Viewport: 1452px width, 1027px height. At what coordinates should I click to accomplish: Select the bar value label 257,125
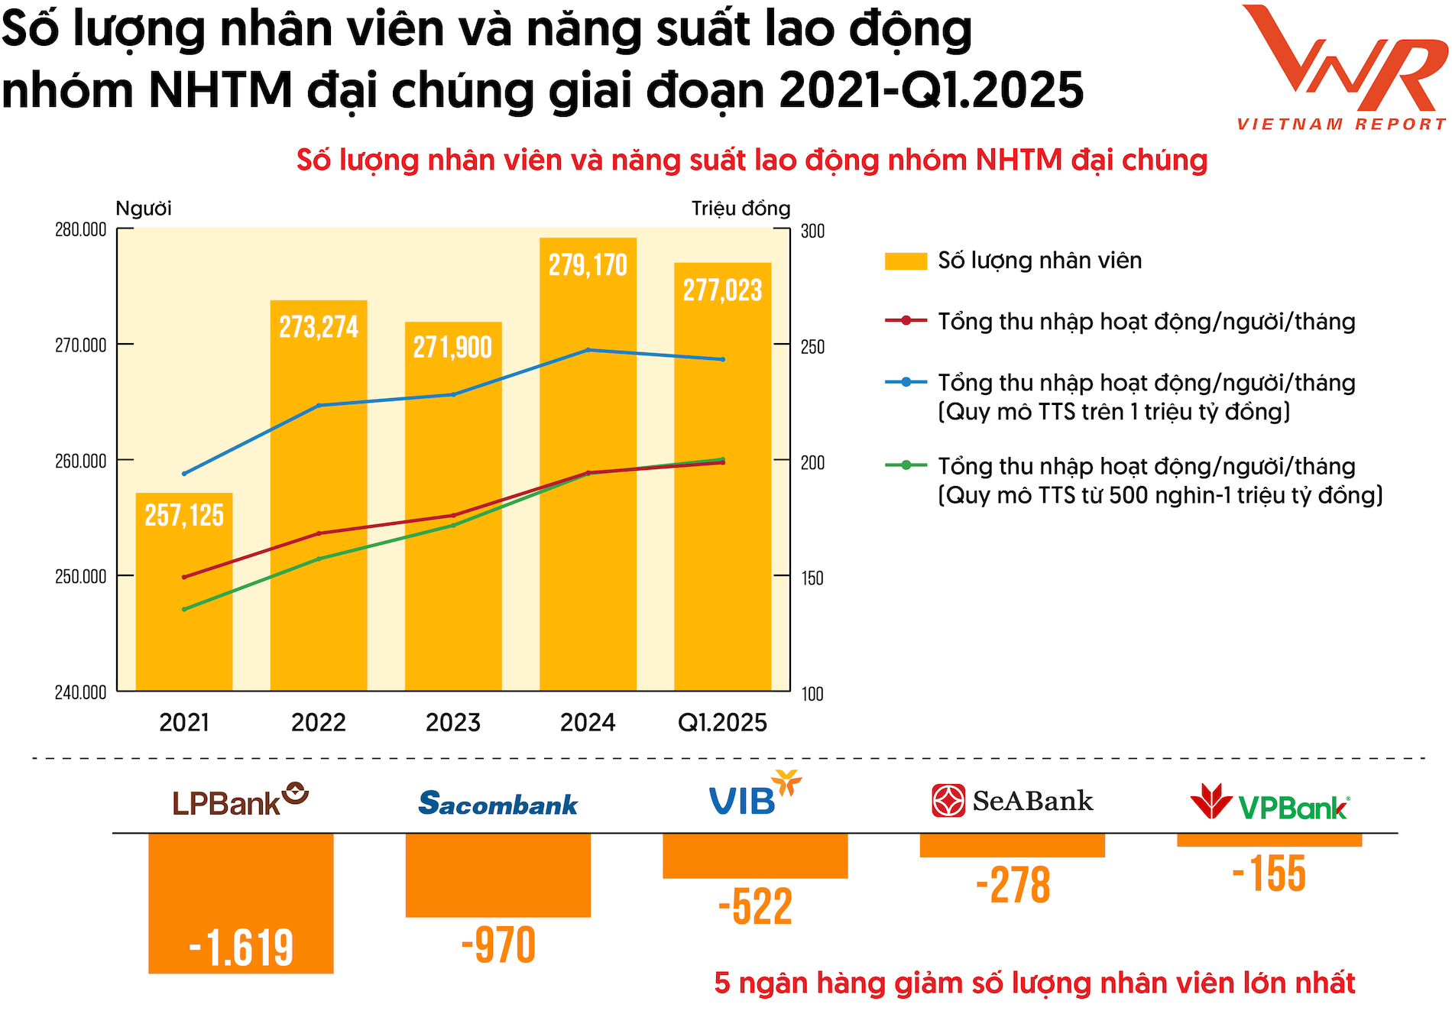pyautogui.click(x=184, y=516)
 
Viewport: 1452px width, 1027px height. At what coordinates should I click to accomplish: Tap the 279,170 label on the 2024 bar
pyautogui.click(x=588, y=265)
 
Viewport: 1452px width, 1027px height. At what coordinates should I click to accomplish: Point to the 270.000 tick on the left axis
pyautogui.click(x=80, y=345)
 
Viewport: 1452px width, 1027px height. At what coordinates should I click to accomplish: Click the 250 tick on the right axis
pyautogui.click(x=812, y=347)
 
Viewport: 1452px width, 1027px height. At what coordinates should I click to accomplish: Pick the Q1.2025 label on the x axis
pyautogui.click(x=722, y=722)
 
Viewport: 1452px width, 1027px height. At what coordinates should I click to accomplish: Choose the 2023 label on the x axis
pyautogui.click(x=453, y=722)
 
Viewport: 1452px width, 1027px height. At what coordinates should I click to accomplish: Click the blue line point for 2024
pyautogui.click(x=588, y=350)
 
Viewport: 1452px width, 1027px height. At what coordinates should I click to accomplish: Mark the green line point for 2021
pyautogui.click(x=184, y=609)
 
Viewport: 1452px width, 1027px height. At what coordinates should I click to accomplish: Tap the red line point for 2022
pyautogui.click(x=319, y=533)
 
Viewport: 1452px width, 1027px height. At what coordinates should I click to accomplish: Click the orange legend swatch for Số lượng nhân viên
pyautogui.click(x=906, y=261)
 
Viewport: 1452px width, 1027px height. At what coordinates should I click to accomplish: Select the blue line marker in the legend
pyautogui.click(x=906, y=382)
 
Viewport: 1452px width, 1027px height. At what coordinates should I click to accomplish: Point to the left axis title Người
pyautogui.click(x=144, y=209)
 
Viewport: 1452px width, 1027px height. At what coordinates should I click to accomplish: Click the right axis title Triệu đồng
pyautogui.click(x=741, y=209)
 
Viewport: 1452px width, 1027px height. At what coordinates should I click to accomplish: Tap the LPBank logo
pyautogui.click(x=240, y=800)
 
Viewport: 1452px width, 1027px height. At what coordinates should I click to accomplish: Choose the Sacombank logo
pyautogui.click(x=498, y=803)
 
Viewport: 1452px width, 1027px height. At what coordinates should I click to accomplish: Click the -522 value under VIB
pyautogui.click(x=755, y=907)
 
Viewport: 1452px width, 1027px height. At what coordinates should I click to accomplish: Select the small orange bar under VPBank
pyautogui.click(x=1269, y=840)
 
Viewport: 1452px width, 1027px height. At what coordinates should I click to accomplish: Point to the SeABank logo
pyautogui.click(x=1013, y=801)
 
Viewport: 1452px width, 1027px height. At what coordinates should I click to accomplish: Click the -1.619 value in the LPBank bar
pyautogui.click(x=241, y=948)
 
